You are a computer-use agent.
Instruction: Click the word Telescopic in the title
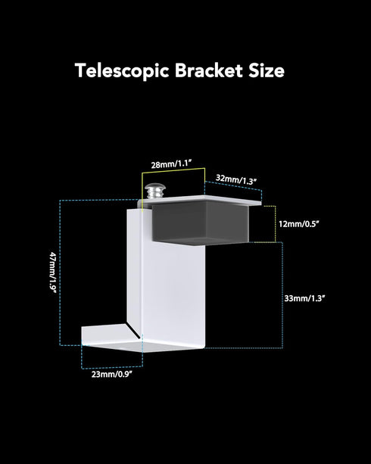click(x=122, y=71)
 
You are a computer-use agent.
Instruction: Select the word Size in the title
click(x=267, y=70)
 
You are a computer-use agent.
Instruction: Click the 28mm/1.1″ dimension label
click(x=172, y=164)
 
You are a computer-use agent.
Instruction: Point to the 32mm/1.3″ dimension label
click(x=235, y=179)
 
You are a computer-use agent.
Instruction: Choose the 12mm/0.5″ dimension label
click(x=298, y=224)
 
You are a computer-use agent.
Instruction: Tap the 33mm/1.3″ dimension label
click(x=304, y=298)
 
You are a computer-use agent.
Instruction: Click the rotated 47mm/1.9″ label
click(x=53, y=272)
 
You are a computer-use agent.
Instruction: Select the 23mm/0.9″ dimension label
click(x=111, y=375)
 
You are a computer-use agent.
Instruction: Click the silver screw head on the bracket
click(x=154, y=191)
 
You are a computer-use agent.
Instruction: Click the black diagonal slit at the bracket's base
click(x=133, y=331)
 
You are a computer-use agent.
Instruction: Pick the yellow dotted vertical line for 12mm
click(x=276, y=224)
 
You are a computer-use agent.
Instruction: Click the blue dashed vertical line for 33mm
click(x=282, y=295)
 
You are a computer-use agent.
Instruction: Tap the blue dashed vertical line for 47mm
click(x=60, y=272)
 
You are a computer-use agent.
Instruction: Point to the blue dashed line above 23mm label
click(x=112, y=368)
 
